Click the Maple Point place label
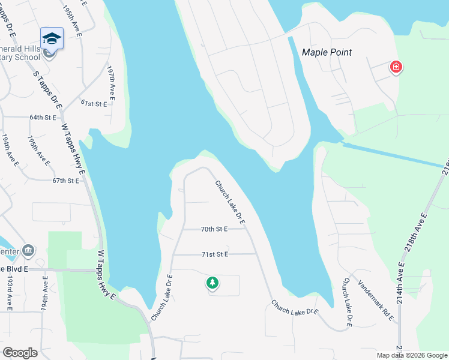(327, 52)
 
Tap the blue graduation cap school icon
(52, 38)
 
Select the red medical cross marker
(396, 67)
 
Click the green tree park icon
(212, 282)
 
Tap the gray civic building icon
(28, 250)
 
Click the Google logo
(20, 353)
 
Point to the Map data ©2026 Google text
(411, 355)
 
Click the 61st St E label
(94, 104)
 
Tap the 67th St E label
(66, 181)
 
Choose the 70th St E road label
(215, 229)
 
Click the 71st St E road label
(215, 254)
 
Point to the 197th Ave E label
(111, 82)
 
